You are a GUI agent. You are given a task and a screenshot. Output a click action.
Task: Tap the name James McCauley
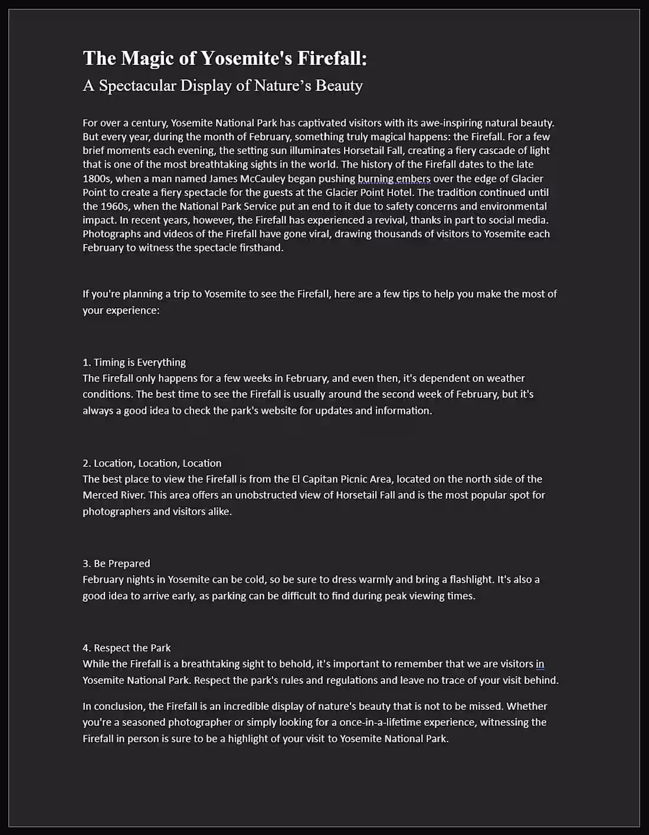(247, 178)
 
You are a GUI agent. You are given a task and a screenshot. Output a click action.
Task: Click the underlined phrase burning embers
(394, 178)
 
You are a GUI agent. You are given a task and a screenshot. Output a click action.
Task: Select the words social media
(519, 220)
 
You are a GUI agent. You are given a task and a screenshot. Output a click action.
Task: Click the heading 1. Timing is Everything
(134, 362)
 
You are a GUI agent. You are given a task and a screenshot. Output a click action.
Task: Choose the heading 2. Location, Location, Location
(152, 463)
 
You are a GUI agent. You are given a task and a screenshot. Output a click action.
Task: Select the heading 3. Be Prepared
(116, 563)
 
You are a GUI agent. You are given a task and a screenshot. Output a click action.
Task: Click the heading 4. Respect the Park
(126, 648)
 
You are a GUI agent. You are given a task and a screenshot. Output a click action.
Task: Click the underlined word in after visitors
(540, 664)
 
